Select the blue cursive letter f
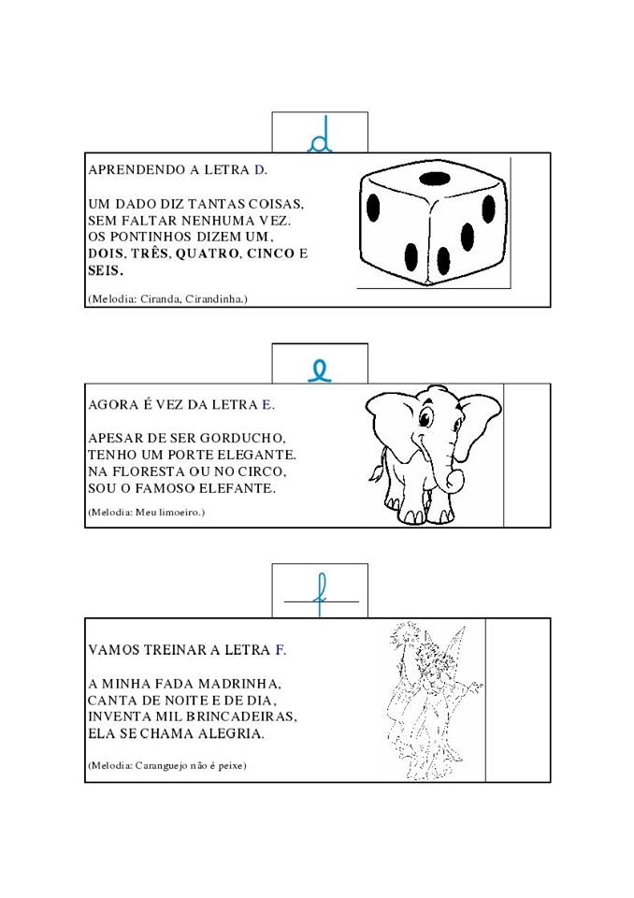click(x=322, y=596)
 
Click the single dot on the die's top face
click(x=434, y=180)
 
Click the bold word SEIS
click(x=106, y=270)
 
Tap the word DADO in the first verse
click(x=136, y=204)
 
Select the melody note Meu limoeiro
click(x=169, y=512)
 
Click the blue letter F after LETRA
click(x=280, y=650)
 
